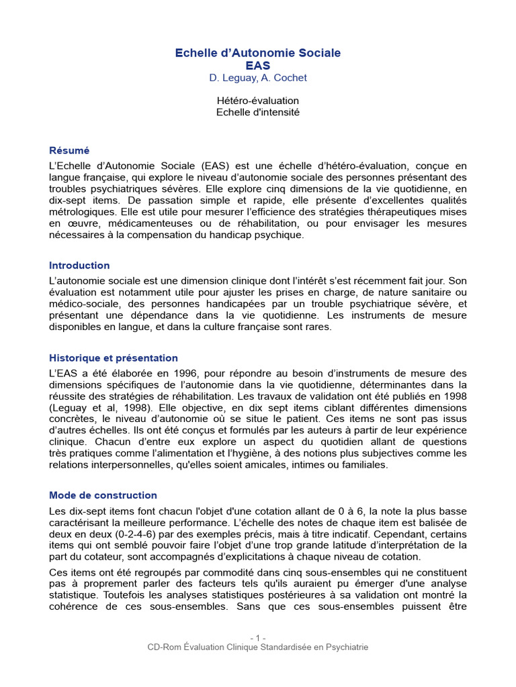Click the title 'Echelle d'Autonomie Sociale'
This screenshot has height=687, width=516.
point(258,52)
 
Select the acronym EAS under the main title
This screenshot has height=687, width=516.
point(258,65)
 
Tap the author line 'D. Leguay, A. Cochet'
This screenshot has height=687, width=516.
point(258,78)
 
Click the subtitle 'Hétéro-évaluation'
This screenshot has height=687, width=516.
point(258,101)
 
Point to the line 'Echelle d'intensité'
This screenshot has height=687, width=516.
point(258,112)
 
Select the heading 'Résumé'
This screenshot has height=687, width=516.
point(69,151)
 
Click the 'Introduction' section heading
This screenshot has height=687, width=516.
point(79,266)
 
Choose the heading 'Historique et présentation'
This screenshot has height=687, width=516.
point(114,358)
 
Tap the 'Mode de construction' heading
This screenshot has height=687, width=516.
point(103,496)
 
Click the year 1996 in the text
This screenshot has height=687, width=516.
point(170,373)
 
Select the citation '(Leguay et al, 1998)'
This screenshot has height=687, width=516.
point(94,407)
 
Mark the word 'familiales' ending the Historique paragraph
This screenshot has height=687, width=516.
point(363,465)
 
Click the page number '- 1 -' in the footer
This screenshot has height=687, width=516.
point(258,637)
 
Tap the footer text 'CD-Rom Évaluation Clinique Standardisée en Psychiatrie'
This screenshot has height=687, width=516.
point(258,647)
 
